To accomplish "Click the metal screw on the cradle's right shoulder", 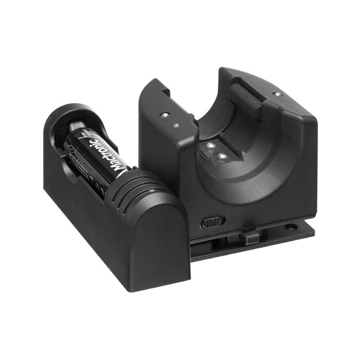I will (278, 94).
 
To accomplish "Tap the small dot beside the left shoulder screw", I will (177, 124).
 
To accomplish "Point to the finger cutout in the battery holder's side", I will (66, 167).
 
